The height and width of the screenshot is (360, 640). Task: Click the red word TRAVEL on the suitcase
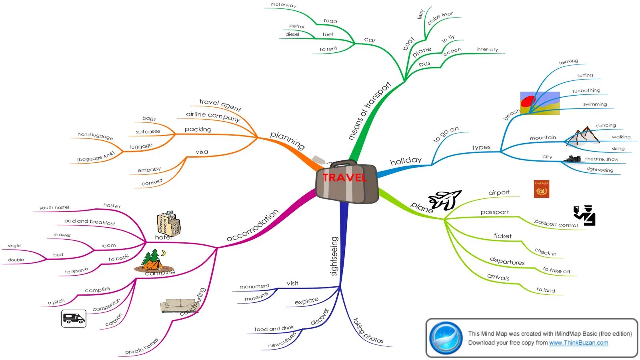tap(344, 178)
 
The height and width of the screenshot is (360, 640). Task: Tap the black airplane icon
tap(445, 200)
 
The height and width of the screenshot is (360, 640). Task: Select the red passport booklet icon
tap(541, 189)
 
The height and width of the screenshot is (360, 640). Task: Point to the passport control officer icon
tap(585, 216)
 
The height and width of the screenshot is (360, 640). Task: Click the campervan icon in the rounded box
tap(74, 318)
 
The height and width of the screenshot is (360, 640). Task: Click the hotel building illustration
tap(168, 224)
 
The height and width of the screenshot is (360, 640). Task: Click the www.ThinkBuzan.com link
tap(578, 343)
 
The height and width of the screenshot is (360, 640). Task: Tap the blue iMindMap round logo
tap(446, 338)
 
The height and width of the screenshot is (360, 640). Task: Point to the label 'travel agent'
tap(220, 105)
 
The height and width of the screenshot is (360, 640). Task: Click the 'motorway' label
tap(283, 5)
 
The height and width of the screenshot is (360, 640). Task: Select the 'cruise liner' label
tap(440, 18)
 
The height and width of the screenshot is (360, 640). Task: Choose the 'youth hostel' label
tap(54, 207)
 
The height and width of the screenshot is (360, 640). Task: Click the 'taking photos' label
tap(368, 331)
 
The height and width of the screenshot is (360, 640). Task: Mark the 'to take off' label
tap(556, 270)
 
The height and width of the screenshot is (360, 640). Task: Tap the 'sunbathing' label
tap(586, 91)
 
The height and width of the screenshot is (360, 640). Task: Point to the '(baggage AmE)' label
tap(96, 156)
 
